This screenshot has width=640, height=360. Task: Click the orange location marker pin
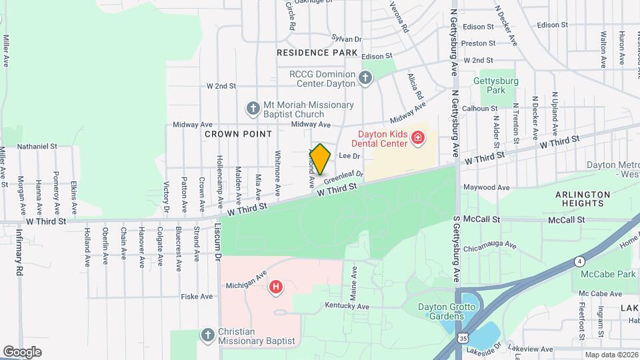320,159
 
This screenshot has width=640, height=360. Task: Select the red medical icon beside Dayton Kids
418,138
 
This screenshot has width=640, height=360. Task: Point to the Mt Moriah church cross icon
253,108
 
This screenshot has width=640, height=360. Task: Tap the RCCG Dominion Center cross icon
365,79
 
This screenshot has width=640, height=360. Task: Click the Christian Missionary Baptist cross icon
207,335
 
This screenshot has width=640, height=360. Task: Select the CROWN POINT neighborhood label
238,134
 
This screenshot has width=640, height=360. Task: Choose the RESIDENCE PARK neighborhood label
317,52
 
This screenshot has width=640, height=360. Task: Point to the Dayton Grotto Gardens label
447,311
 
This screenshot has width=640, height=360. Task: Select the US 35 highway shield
463,338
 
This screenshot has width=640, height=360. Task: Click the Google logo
23,351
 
